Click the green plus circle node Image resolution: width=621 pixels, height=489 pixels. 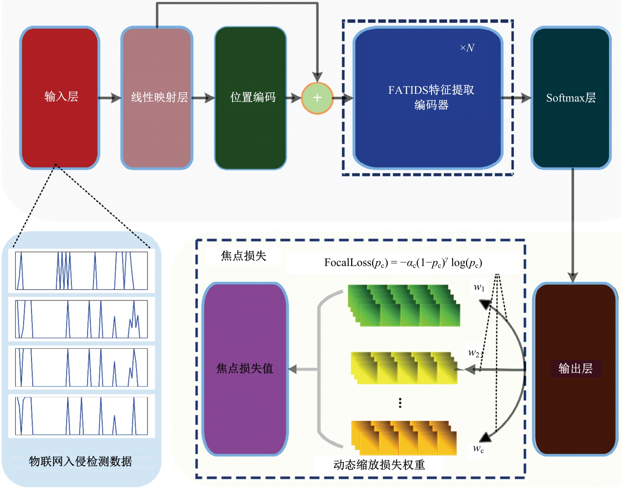point(317,98)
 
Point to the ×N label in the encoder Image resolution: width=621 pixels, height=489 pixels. point(467,48)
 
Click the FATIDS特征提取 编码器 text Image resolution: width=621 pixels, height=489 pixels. point(431,98)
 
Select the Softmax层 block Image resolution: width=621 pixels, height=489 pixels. point(571,98)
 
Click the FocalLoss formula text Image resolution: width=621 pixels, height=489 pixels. point(403,263)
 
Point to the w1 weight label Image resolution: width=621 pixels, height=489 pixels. point(479,287)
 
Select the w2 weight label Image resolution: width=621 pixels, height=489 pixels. point(474,353)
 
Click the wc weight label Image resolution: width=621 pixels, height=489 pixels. point(478,449)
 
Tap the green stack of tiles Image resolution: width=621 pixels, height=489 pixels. point(404,306)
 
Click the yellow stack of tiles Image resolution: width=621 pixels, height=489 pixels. point(404,368)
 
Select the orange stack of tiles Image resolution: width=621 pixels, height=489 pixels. point(404,438)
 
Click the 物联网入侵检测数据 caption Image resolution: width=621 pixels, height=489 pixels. point(80,461)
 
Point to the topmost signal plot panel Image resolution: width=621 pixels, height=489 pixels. point(81,270)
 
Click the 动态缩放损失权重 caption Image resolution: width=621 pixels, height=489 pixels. point(379,465)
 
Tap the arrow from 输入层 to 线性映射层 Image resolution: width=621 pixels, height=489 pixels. point(110,98)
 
